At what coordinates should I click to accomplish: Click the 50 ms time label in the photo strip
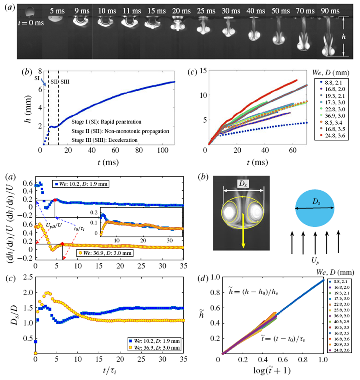tap(280, 11)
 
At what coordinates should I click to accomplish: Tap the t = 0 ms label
tap(31, 23)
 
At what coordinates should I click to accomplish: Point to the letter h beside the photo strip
tap(344, 37)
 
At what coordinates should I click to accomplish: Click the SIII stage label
tap(65, 82)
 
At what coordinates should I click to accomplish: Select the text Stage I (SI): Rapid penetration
tap(106, 122)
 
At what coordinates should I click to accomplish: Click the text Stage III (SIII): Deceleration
tap(105, 140)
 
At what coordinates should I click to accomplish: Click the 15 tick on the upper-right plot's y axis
tap(202, 70)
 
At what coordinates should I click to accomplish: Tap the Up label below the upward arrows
tap(315, 261)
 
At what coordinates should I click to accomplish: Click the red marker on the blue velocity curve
tap(55, 200)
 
